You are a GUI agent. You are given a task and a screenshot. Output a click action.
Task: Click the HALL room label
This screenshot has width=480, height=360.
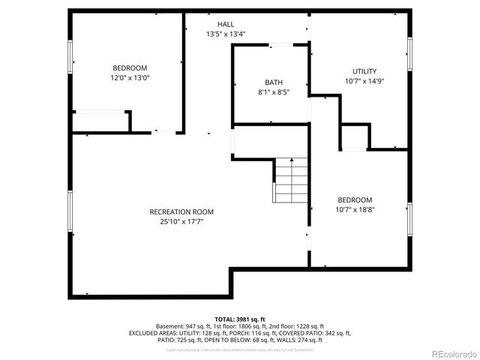226,24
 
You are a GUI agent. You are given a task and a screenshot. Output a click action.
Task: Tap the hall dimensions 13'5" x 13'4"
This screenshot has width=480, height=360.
226,34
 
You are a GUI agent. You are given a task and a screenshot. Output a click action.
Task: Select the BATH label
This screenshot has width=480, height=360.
274,82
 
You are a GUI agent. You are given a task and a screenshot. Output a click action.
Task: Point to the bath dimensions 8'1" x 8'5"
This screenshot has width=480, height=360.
274,92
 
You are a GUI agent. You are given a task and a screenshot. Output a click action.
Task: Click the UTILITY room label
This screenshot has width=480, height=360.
364,71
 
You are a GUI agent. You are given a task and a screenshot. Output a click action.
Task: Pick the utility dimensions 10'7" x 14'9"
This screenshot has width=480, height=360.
364,81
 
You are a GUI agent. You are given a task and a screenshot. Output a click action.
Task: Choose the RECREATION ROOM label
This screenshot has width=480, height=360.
181,211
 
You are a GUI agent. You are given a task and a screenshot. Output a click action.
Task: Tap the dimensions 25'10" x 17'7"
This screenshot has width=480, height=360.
181,221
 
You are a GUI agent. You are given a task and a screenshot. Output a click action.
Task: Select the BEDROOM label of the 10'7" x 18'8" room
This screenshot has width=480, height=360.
355,199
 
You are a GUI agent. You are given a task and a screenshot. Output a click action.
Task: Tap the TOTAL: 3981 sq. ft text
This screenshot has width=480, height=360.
240,319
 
